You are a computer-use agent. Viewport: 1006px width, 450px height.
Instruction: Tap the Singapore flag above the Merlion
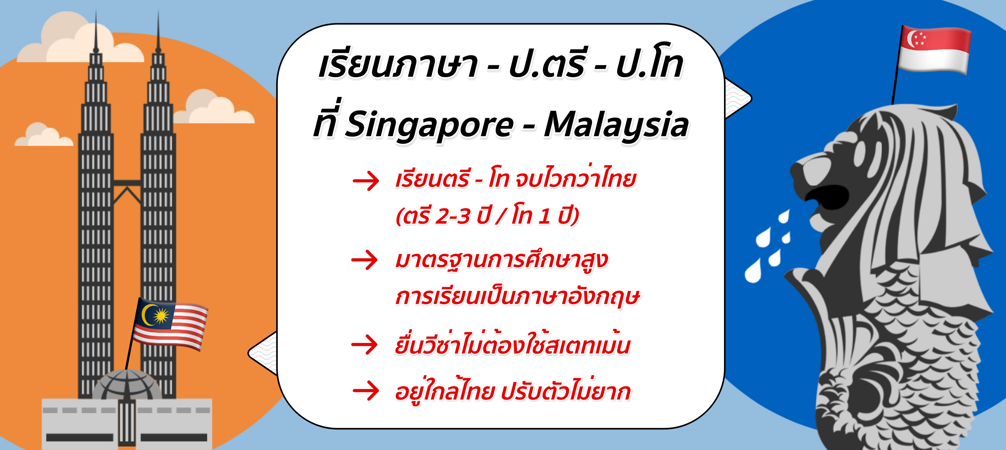click(x=935, y=50)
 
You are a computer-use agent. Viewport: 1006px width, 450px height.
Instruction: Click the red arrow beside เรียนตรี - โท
click(x=365, y=181)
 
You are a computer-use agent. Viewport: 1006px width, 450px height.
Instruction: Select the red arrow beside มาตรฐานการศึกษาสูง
click(x=364, y=260)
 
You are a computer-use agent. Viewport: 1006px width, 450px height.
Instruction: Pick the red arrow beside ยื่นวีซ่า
click(x=364, y=345)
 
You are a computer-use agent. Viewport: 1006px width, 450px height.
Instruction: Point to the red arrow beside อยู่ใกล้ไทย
click(x=365, y=391)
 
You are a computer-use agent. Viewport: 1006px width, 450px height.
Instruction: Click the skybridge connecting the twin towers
click(x=127, y=183)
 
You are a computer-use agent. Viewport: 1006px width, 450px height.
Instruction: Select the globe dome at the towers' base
click(x=127, y=385)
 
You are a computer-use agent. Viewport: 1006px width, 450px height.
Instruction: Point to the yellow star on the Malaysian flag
click(x=161, y=315)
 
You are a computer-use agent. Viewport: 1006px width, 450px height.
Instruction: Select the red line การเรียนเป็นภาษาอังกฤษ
click(x=518, y=297)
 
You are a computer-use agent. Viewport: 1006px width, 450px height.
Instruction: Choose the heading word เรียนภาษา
click(x=398, y=65)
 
